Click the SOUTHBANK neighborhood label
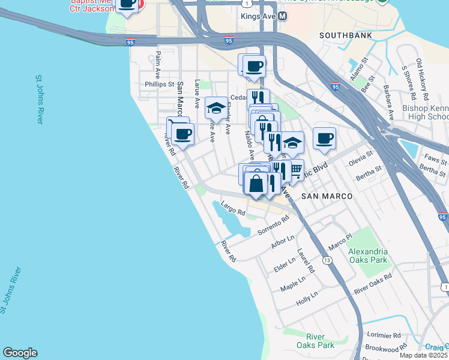click(x=345, y=35)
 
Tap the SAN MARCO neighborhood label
click(x=324, y=196)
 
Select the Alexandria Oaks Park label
click(x=368, y=256)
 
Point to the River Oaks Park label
click(x=315, y=341)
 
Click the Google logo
click(x=20, y=353)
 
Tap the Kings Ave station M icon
click(x=281, y=17)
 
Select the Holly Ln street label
click(x=306, y=299)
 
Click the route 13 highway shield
click(x=327, y=260)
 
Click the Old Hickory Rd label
click(x=422, y=80)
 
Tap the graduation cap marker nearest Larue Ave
click(x=216, y=109)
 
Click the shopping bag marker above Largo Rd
click(x=256, y=184)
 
